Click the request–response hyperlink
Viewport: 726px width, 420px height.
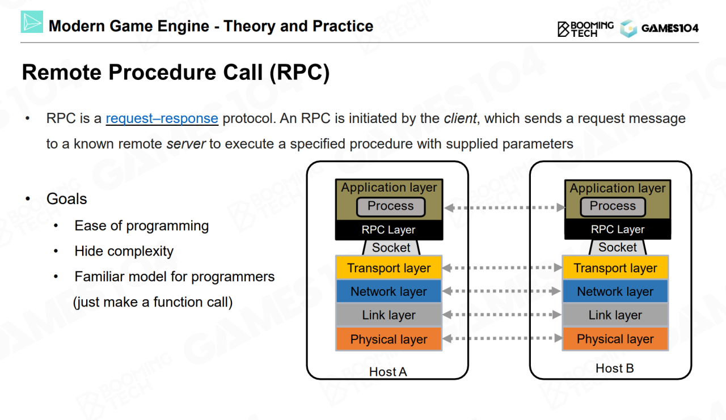pos(162,118)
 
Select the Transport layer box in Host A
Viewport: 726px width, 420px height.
pos(389,268)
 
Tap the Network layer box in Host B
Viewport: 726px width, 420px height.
pos(615,291)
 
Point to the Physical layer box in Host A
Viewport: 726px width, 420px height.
pos(389,339)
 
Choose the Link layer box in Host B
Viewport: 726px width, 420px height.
pos(615,315)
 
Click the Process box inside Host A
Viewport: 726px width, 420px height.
pos(390,206)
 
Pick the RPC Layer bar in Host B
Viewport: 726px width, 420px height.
pos(617,230)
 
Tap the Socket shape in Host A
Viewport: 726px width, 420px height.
pos(391,247)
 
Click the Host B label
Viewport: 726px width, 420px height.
pos(614,368)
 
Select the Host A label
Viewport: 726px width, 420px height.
pos(388,372)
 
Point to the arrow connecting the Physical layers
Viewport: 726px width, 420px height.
pos(501,338)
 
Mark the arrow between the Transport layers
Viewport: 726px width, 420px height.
pos(501,268)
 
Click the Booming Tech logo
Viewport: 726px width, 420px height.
pos(585,28)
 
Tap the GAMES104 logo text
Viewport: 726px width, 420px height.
pos(669,28)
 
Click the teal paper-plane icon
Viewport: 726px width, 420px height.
pos(32,22)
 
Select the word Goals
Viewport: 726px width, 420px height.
pos(66,199)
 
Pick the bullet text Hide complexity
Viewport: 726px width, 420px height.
pos(124,251)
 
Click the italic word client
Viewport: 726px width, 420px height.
pos(461,118)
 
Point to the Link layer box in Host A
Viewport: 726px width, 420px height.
pos(389,315)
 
